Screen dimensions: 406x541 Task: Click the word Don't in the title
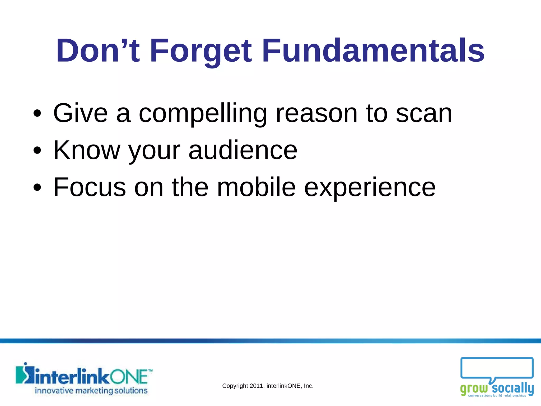[x=98, y=51]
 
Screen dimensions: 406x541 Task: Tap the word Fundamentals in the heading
[x=373, y=51]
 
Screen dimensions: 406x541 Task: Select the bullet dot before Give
[x=38, y=114]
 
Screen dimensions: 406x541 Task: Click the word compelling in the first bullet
[x=203, y=114]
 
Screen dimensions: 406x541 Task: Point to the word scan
[x=424, y=114]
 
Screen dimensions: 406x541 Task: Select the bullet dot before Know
[x=38, y=151]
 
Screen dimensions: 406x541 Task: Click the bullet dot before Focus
[x=38, y=188]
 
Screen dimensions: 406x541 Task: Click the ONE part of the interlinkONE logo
[x=129, y=377]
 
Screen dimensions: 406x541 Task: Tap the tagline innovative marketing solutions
[x=91, y=391]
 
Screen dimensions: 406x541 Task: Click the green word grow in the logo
[x=474, y=389]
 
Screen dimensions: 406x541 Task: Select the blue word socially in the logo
[x=512, y=388]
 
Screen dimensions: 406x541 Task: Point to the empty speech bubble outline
[x=497, y=367]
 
